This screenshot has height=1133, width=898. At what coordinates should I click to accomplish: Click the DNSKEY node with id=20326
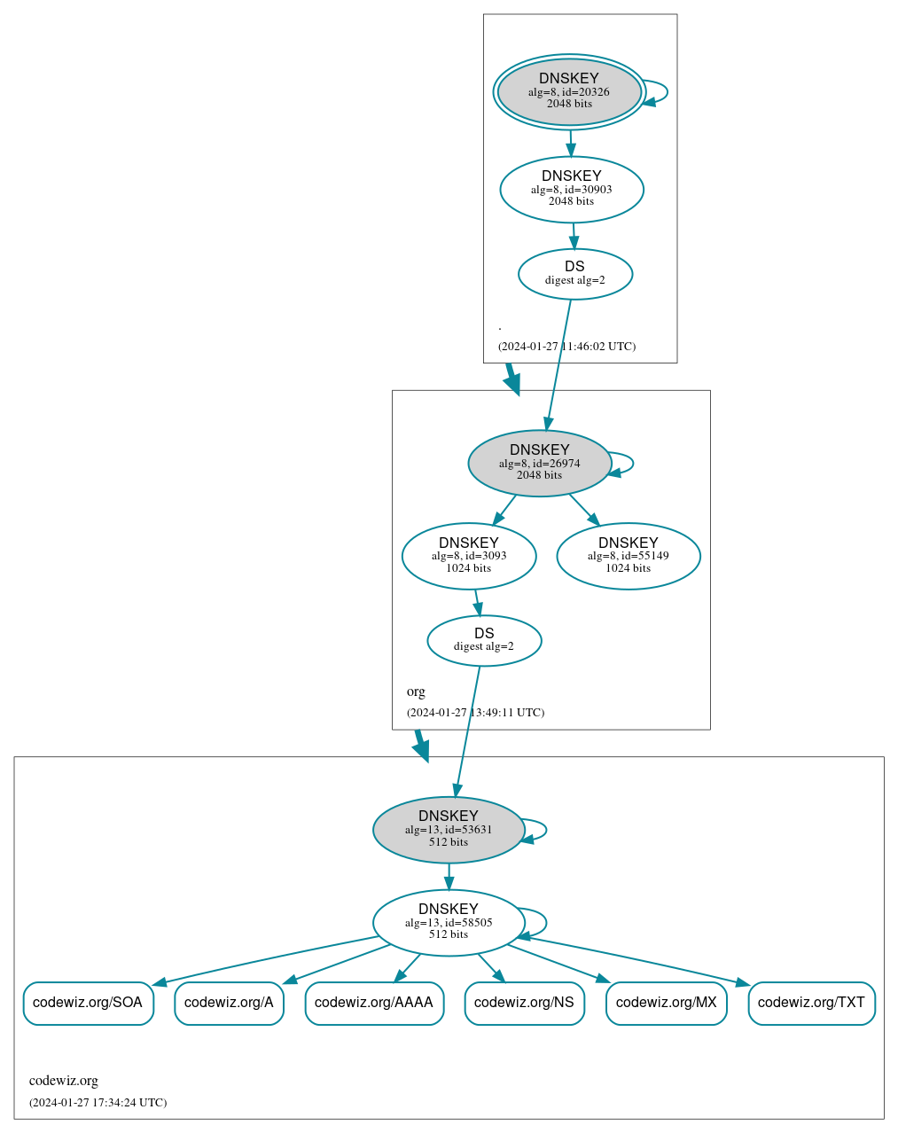coord(569,91)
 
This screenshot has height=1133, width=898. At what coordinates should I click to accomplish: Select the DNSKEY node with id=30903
coord(572,189)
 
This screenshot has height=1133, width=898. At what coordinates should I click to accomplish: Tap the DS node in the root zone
coord(574,274)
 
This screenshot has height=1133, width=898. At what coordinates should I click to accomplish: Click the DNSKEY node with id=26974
coord(539,463)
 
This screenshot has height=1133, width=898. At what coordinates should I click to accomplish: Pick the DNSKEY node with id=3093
coord(468,556)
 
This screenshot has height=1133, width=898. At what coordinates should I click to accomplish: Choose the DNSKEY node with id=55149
coord(628,556)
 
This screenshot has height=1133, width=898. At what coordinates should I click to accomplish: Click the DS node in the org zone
coord(484,640)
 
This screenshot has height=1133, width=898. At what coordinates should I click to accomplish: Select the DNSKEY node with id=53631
coord(449,830)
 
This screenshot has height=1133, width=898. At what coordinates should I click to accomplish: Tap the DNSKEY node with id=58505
coord(449,923)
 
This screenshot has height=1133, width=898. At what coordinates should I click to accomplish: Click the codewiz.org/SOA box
coord(88,1003)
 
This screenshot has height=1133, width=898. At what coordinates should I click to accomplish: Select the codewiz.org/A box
coord(229,1003)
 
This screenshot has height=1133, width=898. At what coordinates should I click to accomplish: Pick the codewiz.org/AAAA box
coord(374,1003)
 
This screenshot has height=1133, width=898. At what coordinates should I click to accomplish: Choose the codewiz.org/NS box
coord(524,1003)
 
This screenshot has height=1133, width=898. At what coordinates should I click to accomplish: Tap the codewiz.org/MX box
coord(666,1003)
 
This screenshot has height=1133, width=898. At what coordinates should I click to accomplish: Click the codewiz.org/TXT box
coord(811,1003)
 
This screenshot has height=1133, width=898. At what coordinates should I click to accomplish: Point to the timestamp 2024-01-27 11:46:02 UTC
coord(566,347)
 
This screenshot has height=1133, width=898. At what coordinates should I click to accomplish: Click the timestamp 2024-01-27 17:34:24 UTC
coord(98,1103)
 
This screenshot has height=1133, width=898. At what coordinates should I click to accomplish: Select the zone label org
coord(416,692)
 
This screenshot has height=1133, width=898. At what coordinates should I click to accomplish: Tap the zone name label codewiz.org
coord(64,1081)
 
